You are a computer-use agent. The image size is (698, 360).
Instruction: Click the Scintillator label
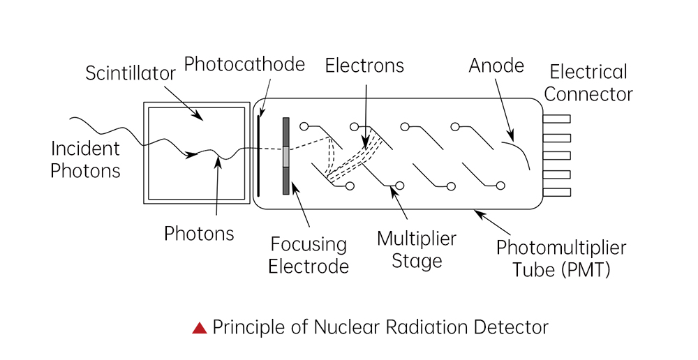pos(131,73)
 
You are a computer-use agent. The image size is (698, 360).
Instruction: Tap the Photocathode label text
pos(244,65)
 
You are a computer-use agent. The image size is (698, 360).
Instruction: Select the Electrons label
pos(364,66)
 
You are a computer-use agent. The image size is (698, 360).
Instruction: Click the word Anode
pos(496,66)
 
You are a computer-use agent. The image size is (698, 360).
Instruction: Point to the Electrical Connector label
pos(590,82)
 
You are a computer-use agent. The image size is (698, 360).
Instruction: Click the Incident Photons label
pos(85,159)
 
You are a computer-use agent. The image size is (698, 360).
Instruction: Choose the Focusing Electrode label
pos(308,255)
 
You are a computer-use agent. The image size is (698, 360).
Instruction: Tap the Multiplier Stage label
pos(417,250)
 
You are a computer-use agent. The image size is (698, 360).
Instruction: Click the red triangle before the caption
pos(200,327)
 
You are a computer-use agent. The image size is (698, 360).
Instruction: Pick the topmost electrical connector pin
pos(557,119)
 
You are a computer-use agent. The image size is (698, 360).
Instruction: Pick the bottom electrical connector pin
pos(557,191)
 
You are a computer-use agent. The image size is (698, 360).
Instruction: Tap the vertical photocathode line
pos(258,153)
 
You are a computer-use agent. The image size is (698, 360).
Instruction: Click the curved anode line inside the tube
pos(518,153)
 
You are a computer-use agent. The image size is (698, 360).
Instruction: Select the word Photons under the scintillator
pos(199,233)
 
